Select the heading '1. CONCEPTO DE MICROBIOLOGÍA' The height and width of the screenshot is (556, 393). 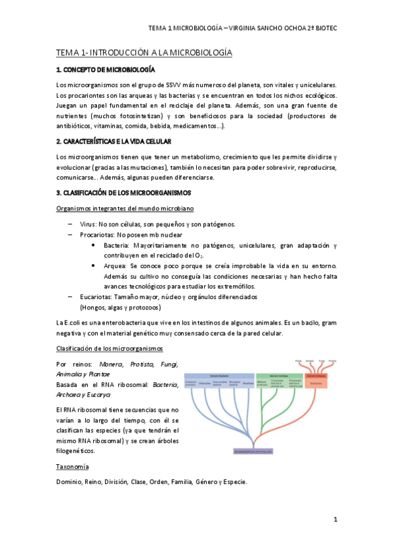click(106, 69)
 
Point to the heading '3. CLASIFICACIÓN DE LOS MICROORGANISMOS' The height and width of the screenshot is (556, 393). click(123, 193)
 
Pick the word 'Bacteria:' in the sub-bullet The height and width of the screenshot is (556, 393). click(116, 245)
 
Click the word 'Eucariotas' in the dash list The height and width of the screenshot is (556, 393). click(96, 296)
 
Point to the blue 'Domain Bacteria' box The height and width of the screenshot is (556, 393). click(220, 374)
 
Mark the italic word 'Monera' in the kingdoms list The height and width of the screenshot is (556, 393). click(111, 364)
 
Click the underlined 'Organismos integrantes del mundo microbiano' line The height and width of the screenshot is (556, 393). click(125, 208)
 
